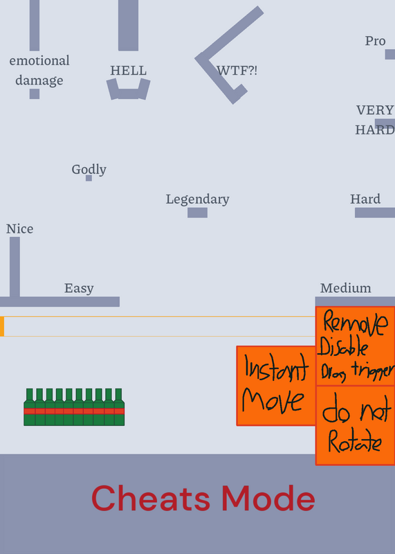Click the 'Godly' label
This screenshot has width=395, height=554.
point(89,170)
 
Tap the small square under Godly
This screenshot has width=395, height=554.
point(89,178)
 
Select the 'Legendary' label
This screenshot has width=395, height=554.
point(198,199)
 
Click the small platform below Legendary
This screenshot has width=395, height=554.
point(197,213)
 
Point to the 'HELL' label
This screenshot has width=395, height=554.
point(129,71)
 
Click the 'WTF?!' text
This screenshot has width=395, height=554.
point(237,71)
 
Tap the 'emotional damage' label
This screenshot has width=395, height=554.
point(39,71)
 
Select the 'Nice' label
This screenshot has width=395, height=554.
point(20,229)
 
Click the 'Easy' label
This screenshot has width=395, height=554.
point(79,288)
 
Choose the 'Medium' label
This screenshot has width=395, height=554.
point(346,288)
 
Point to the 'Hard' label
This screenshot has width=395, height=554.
point(365,199)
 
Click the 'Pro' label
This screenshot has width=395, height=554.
point(375,41)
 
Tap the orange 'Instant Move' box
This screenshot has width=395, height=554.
point(276,386)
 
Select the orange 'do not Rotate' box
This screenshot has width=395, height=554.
point(355,425)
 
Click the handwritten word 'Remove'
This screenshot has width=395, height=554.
point(355,322)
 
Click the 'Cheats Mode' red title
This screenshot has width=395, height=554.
point(203,498)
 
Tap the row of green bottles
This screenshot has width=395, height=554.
point(74,407)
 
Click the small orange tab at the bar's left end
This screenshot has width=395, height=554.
point(2,326)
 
